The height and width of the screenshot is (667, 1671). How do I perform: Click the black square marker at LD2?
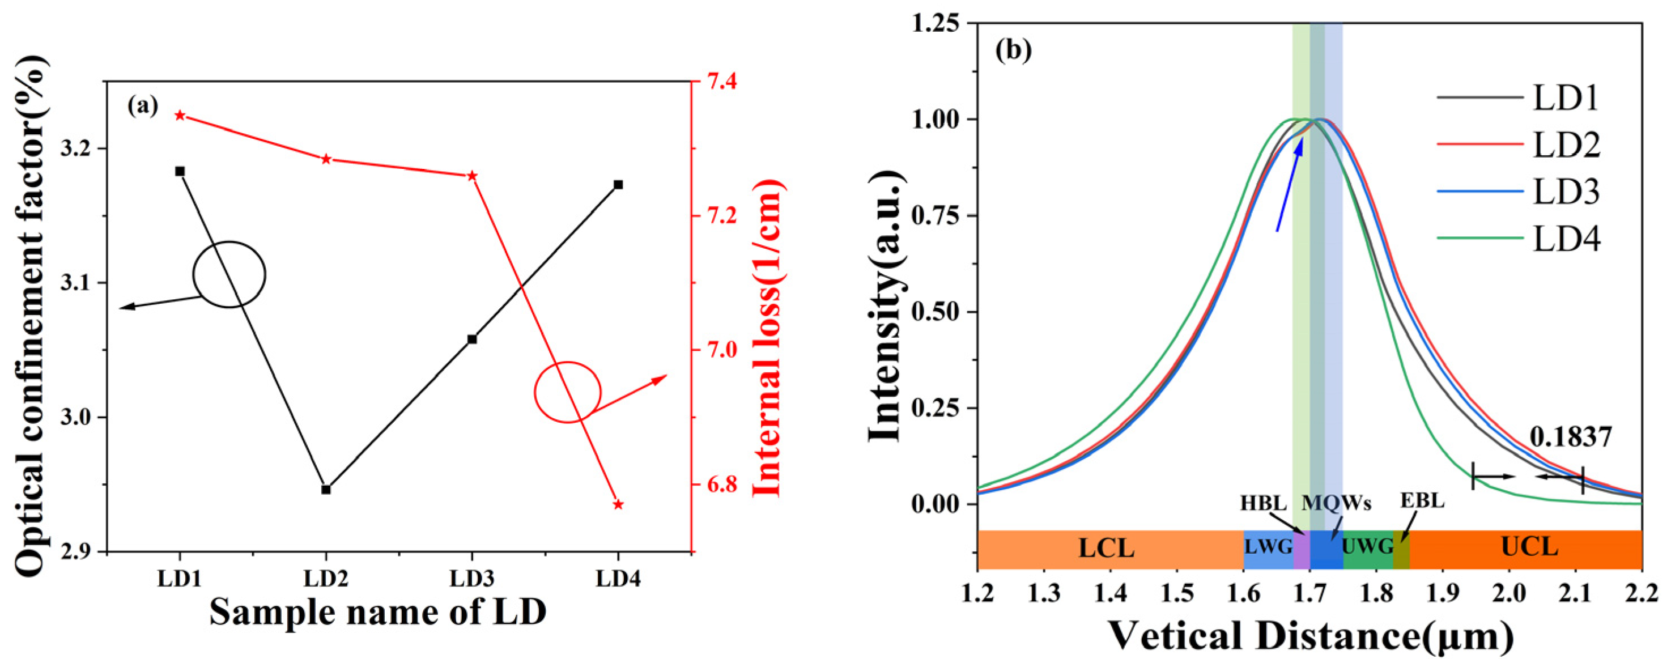tap(326, 489)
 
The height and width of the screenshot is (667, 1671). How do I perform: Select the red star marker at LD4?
tap(618, 504)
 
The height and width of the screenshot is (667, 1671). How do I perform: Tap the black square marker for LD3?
tap(471, 339)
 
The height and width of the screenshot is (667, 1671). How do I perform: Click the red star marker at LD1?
tap(180, 116)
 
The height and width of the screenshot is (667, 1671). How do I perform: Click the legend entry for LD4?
tap(1518, 239)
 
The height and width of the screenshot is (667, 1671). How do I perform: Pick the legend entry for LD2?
tap(1518, 145)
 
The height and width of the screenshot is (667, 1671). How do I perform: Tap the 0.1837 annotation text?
tap(1571, 437)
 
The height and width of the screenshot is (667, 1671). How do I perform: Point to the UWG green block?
tap(1367, 547)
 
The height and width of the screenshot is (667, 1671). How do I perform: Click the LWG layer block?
tap(1268, 547)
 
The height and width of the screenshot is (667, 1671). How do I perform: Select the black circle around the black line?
tap(229, 274)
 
